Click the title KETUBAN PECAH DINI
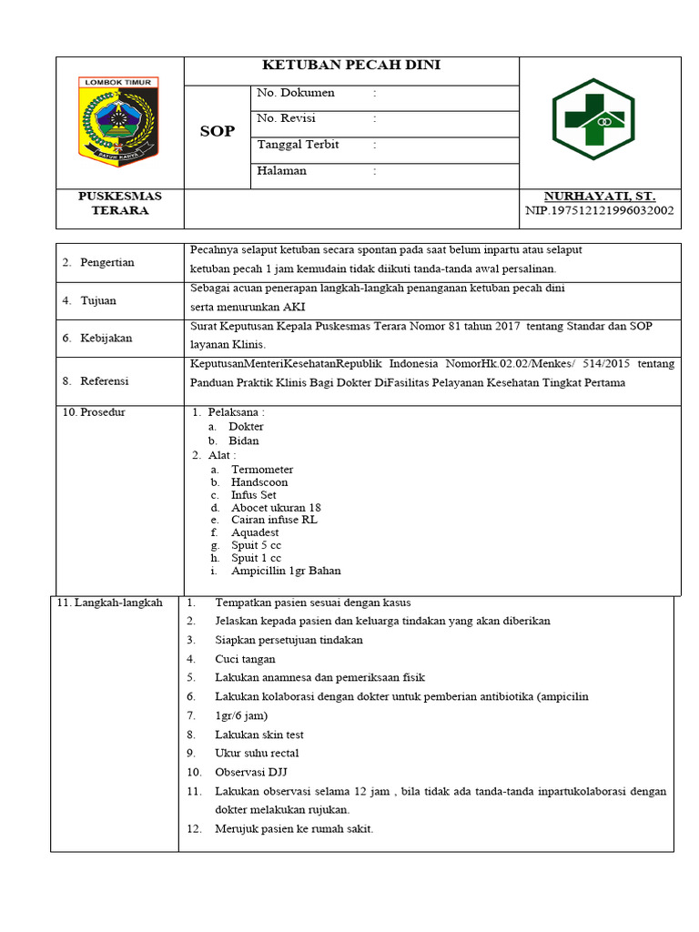[x=351, y=66]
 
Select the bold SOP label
[x=218, y=131]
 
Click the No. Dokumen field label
[x=296, y=93]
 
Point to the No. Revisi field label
[x=290, y=118]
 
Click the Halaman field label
[x=282, y=170]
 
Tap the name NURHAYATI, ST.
[x=599, y=196]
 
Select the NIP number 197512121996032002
[x=599, y=210]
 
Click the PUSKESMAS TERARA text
[x=120, y=203]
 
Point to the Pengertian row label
[x=106, y=262]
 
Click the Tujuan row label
[x=98, y=300]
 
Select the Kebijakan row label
[x=106, y=338]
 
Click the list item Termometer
[x=262, y=470]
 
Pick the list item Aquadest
[x=255, y=532]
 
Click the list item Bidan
[x=244, y=441]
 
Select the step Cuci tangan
[x=245, y=659]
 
